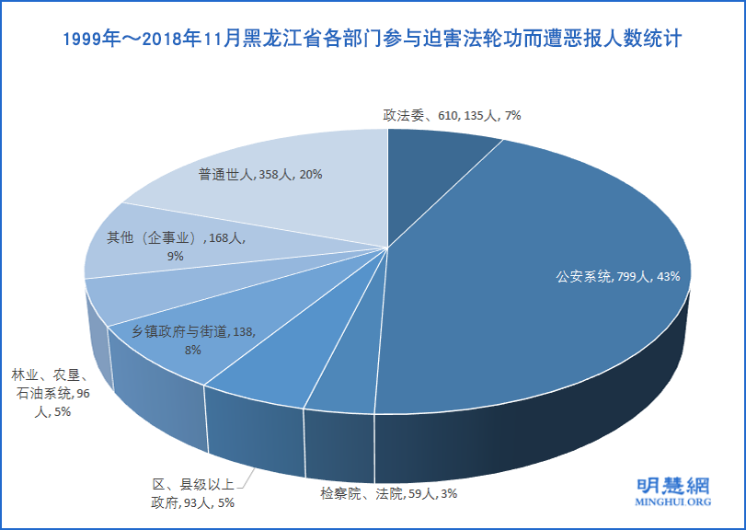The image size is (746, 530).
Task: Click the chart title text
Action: (373, 40)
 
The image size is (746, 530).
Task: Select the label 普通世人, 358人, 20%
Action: (259, 174)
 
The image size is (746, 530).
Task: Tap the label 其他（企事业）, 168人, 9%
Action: (175, 247)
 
